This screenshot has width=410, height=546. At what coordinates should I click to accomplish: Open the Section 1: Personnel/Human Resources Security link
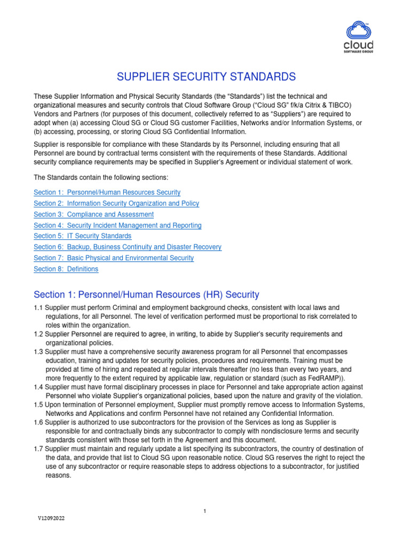coord(107,192)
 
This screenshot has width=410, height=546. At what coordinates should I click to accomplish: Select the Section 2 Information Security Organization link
coord(116,203)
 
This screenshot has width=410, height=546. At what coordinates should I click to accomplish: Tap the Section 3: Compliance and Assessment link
coord(93,214)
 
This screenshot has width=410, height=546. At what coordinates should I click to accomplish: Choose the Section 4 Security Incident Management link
coord(117,226)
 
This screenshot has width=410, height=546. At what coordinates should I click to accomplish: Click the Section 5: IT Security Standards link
coord(82,236)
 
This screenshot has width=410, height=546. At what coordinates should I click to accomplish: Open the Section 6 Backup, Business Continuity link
coord(128,247)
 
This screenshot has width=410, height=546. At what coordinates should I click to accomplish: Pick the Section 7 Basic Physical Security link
coord(114,258)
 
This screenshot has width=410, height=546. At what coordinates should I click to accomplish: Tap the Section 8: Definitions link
coord(66,269)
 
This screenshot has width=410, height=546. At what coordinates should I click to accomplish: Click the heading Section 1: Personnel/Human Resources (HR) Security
coord(146,294)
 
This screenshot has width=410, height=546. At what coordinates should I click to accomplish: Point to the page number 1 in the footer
coord(204,511)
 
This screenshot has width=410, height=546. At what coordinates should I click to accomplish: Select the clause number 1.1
coord(38,308)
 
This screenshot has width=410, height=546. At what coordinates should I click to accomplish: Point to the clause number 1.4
coord(38,386)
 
